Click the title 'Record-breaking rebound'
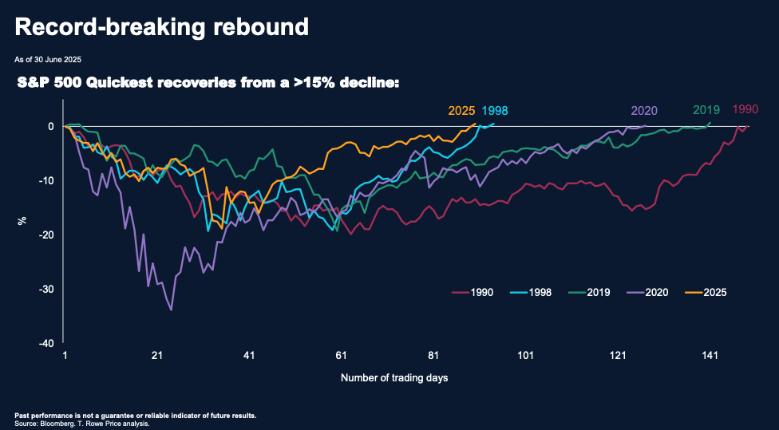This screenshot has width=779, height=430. [161, 26]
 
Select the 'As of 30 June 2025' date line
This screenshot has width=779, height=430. [48, 59]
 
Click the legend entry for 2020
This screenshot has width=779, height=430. [656, 292]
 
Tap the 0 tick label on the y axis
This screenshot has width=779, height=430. [50, 126]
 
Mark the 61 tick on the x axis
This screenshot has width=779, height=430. [341, 356]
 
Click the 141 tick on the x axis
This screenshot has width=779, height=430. [710, 356]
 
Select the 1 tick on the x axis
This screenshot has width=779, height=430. [65, 356]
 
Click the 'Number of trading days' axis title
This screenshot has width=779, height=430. [393, 377]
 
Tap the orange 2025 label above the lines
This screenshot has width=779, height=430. [461, 111]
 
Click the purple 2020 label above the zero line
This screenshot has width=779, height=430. [644, 111]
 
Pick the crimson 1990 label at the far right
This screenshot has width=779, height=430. [745, 108]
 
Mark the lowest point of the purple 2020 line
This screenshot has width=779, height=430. [172, 310]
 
